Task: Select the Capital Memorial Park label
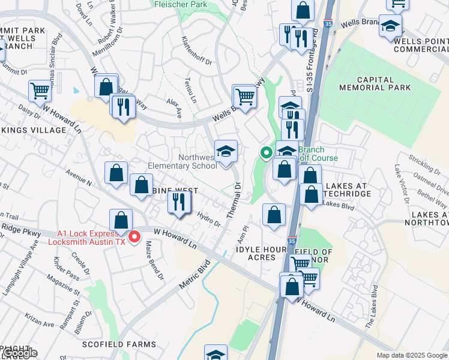pyautogui.click(x=384, y=83)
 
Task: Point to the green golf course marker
pyautogui.click(x=265, y=153)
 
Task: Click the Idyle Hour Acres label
pyautogui.click(x=256, y=253)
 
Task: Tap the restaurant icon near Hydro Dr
pyautogui.click(x=178, y=202)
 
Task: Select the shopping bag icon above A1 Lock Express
pyautogui.click(x=121, y=221)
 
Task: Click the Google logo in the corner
pyautogui.click(x=19, y=353)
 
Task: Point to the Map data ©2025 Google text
pyautogui.click(x=412, y=355)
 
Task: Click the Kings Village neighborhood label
pyautogui.click(x=34, y=130)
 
